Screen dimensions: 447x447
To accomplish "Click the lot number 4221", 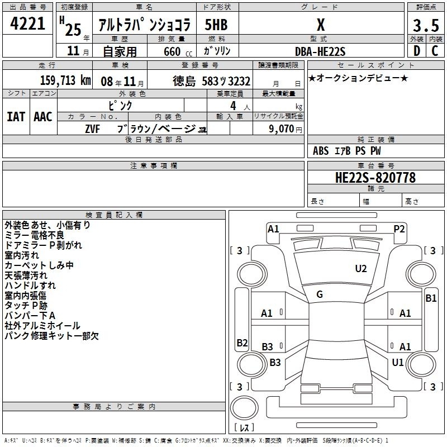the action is point(27,23).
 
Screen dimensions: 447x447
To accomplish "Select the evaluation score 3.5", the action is point(426,25).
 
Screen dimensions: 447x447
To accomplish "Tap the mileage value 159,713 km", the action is point(65,80).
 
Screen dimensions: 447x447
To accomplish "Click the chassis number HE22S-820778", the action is point(375,177).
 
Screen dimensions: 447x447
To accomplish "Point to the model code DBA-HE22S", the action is point(320,51).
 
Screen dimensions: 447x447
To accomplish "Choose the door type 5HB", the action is point(216,25).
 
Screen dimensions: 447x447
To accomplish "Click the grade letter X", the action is point(321,25).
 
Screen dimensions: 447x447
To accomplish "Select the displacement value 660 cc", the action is point(178,51).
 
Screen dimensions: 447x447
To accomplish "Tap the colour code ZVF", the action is point(92,129).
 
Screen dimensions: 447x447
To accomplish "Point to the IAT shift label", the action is point(16,117).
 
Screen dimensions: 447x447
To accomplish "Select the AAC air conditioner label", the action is point(43,117).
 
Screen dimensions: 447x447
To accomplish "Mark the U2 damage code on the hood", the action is point(360,269).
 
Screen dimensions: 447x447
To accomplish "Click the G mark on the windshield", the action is point(320,294).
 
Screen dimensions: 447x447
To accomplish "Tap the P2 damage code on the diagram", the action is point(399,229).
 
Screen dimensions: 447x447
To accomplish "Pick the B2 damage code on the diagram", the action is point(242,343).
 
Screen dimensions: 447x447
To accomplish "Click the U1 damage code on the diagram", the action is point(398,362).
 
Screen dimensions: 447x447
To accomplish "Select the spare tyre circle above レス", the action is point(244,408).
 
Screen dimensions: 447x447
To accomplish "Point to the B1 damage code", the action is point(431,298).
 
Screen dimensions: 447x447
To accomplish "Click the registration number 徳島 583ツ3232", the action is point(212,81).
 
